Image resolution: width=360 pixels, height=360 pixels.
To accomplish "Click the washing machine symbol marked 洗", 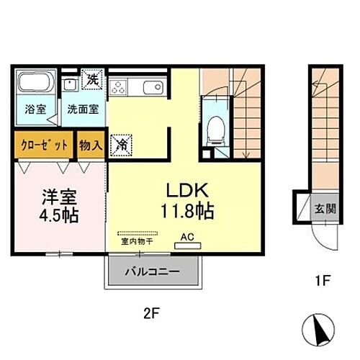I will [x=92, y=80].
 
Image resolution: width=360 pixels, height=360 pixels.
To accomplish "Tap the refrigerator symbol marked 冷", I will [x=120, y=144].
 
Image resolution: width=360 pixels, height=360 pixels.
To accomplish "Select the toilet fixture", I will [x=214, y=130].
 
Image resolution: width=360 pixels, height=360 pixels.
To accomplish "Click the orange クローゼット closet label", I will [x=43, y=144].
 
